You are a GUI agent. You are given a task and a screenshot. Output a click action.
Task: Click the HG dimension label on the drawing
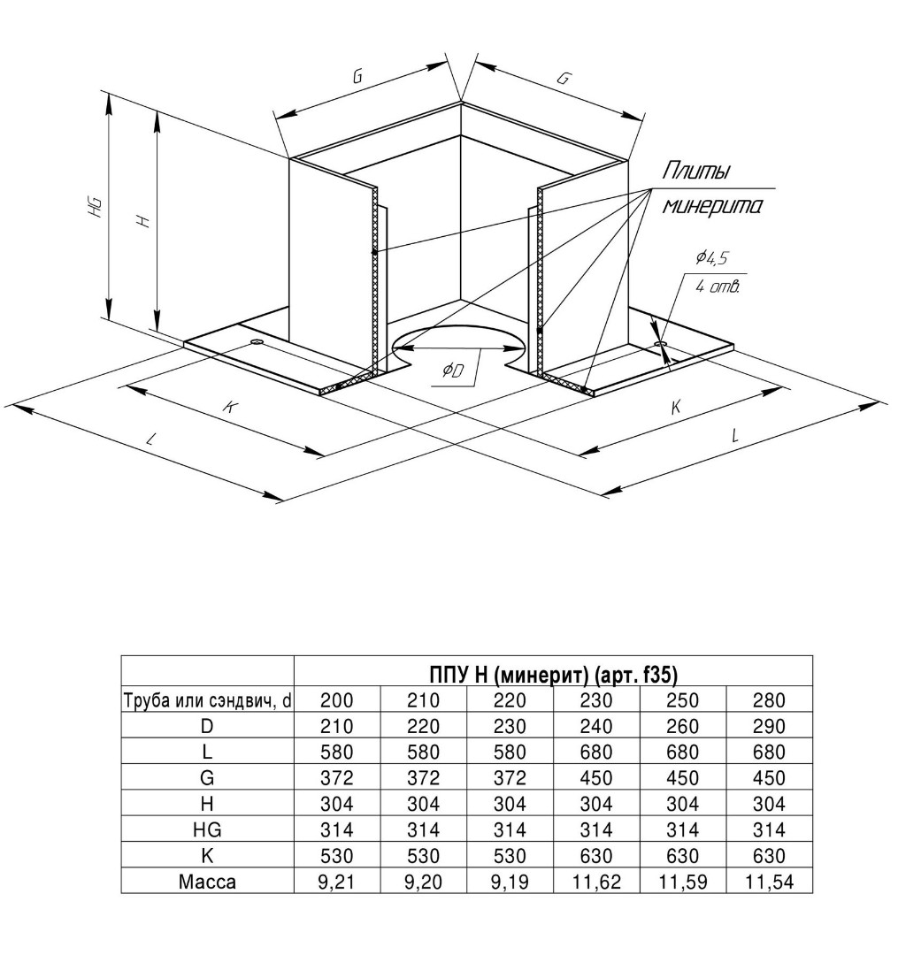pyautogui.click(x=96, y=208)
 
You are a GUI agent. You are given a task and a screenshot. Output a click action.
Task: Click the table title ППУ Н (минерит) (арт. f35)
pyautogui.click(x=553, y=675)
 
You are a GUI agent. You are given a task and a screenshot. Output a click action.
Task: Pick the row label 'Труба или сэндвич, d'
pyautogui.click(x=207, y=701)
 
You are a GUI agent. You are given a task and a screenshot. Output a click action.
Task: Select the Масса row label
pyautogui.click(x=207, y=881)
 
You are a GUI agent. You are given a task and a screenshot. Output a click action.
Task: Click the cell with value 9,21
pyautogui.click(x=336, y=881)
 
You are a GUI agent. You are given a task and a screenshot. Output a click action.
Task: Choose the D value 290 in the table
pyautogui.click(x=768, y=727)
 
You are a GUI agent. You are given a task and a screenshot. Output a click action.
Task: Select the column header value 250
pyautogui.click(x=681, y=701)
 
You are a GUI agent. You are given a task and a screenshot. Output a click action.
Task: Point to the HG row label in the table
pyautogui.click(x=207, y=829)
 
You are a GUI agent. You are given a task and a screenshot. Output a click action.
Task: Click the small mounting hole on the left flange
pyautogui.click(x=257, y=341)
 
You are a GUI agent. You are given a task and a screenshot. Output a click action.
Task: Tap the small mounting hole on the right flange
pyautogui.click(x=660, y=342)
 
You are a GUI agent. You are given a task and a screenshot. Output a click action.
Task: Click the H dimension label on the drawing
pyautogui.click(x=144, y=221)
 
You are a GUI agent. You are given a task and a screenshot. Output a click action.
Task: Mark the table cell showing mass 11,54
pyautogui.click(x=768, y=881)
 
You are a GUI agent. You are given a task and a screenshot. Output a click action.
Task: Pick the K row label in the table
pyautogui.click(x=207, y=855)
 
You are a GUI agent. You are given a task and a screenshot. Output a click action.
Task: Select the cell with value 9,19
pyautogui.click(x=510, y=881)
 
